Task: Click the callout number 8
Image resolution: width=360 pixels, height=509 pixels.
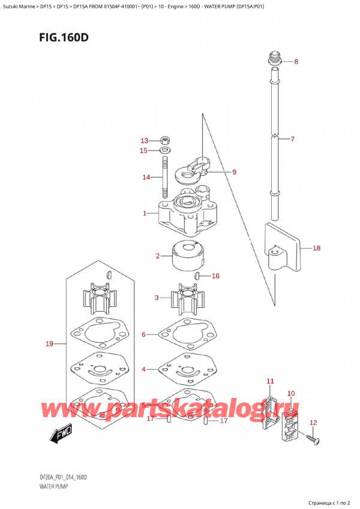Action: pyautogui.click(x=296, y=62)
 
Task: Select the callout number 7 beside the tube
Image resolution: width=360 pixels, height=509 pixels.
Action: pyautogui.click(x=292, y=140)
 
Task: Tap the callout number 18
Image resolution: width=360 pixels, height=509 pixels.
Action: pyautogui.click(x=317, y=247)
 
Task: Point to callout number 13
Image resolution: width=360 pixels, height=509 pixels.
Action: pyautogui.click(x=143, y=140)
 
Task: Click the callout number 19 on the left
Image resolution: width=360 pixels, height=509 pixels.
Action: pyautogui.click(x=50, y=344)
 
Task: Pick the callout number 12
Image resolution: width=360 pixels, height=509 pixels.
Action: pyautogui.click(x=313, y=423)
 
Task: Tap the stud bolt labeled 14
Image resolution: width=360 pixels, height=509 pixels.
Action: pyautogui.click(x=164, y=177)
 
